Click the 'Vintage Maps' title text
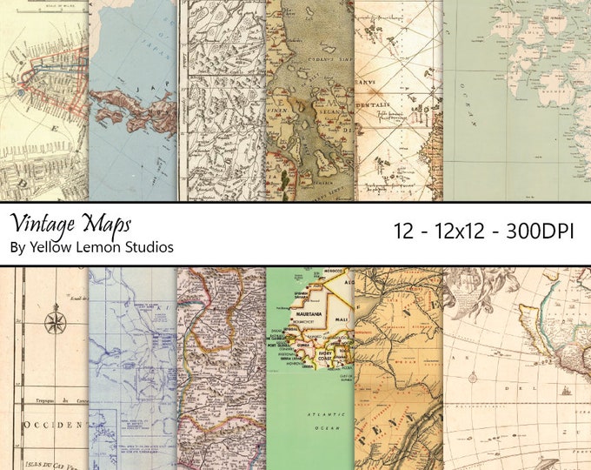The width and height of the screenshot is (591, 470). point(70,222)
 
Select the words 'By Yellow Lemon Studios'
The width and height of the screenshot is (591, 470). point(91,247)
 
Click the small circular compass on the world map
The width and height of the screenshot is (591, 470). point(475,378)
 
